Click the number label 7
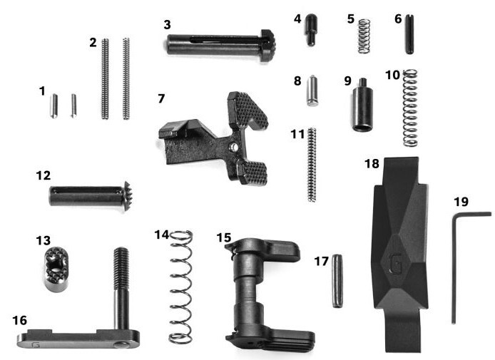tap(161, 98)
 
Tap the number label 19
tap(461, 202)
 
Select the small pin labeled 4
tap(310, 30)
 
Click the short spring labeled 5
tap(364, 36)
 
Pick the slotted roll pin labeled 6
tap(409, 34)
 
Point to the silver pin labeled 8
tap(312, 91)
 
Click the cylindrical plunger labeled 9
tap(362, 105)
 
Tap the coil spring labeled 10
tap(410, 108)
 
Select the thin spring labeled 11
tap(312, 164)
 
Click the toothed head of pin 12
tap(127, 196)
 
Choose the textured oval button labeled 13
tap(56, 269)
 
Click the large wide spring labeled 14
tap(181, 287)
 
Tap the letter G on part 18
tap(395, 263)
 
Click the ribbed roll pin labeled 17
tap(337, 281)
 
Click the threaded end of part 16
tap(121, 264)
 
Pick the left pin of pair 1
tap(53, 106)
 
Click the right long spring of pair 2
tap(126, 78)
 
